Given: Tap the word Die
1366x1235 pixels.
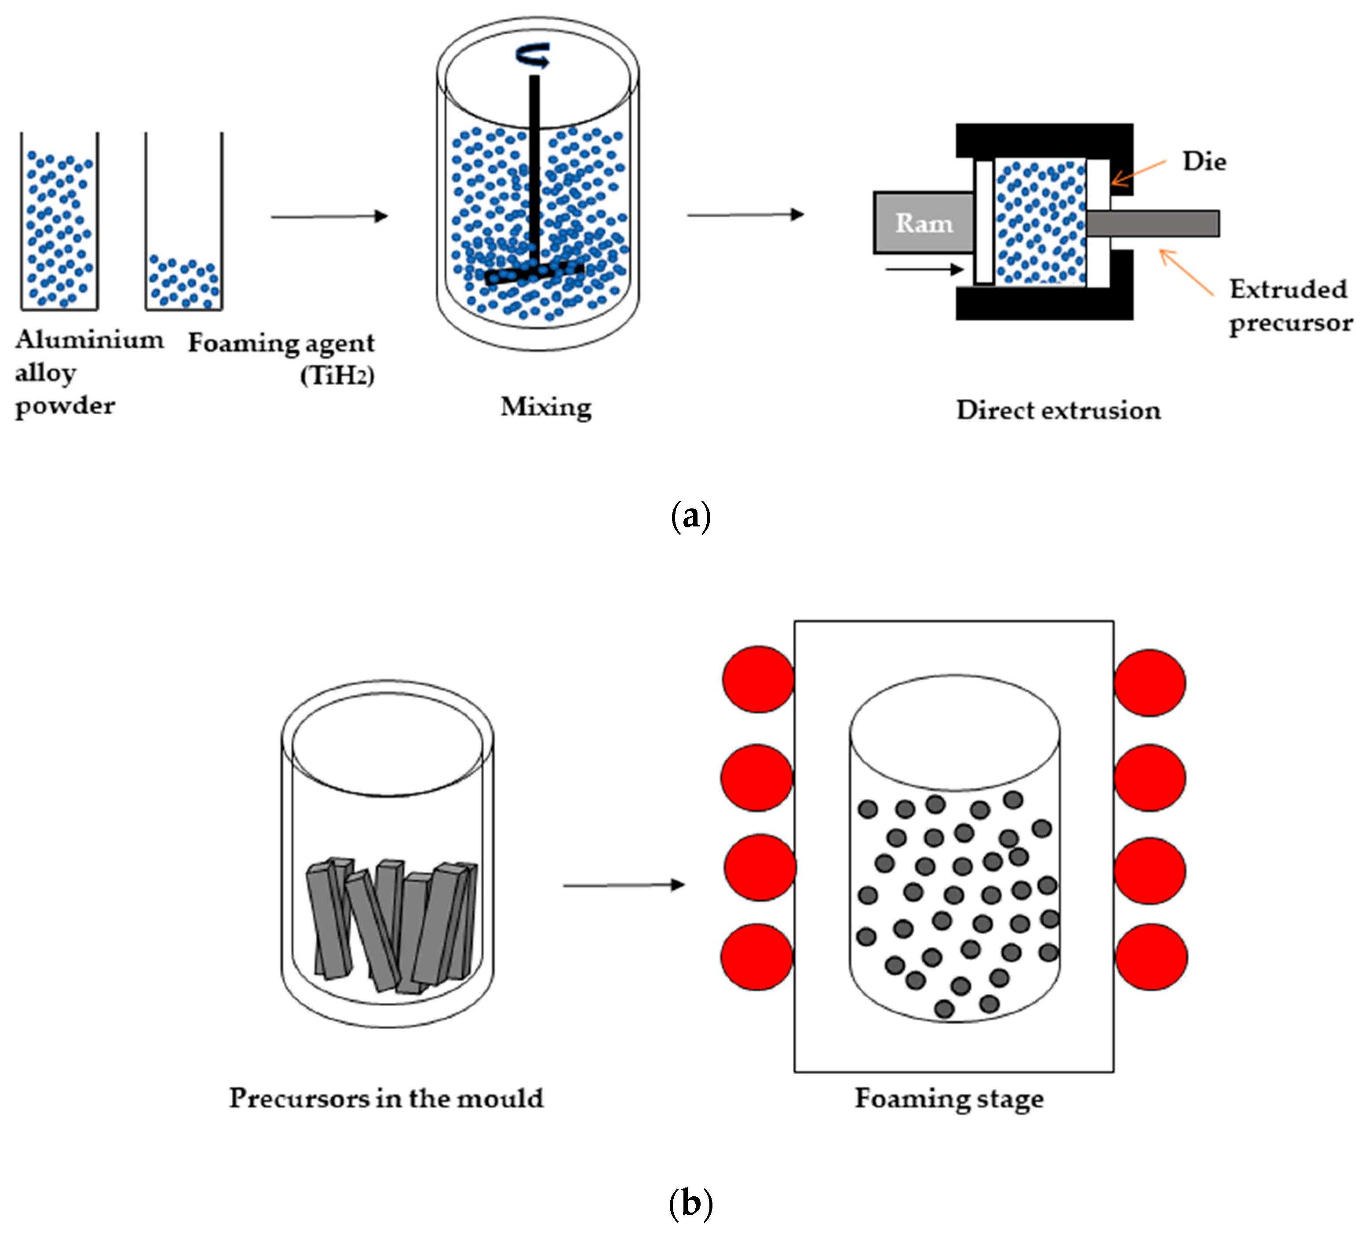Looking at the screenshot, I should [x=1204, y=162].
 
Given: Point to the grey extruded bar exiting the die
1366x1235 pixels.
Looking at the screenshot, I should [x=1152, y=223].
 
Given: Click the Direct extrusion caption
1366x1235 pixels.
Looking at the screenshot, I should [x=1058, y=410].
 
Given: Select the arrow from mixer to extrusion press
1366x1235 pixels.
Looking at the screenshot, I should [x=745, y=215].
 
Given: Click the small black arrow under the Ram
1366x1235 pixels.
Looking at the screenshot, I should [x=924, y=270].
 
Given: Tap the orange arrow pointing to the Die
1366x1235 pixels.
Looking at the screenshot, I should [x=1138, y=172].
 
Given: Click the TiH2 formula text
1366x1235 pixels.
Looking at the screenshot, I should [x=337, y=375].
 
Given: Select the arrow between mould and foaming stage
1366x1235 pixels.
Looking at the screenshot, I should [x=623, y=885].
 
